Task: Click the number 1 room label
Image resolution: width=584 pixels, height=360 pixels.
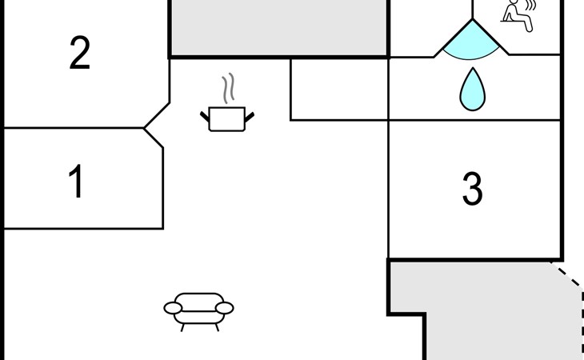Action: (76, 182)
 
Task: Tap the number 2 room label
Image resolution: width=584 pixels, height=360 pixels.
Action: (80, 53)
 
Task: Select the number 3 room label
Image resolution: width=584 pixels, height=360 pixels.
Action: (473, 189)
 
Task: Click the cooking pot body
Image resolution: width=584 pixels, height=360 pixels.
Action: (227, 119)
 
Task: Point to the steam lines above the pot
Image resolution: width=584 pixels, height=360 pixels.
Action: (228, 88)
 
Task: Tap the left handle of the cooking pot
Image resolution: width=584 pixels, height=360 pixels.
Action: (205, 117)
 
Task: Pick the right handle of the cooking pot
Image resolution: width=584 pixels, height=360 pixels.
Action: (250, 117)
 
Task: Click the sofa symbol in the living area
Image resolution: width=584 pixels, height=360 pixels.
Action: (199, 312)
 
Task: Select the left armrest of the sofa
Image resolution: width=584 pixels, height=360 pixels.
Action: (173, 308)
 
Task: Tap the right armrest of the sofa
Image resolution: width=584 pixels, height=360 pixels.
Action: (225, 308)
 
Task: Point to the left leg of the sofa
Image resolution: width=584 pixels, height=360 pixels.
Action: (182, 327)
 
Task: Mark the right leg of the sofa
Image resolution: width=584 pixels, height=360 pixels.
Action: (217, 327)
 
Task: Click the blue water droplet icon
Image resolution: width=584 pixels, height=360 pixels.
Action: (473, 90)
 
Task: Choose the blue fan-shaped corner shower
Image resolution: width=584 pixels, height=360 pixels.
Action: (472, 42)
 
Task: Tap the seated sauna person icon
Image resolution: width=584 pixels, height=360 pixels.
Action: (516, 16)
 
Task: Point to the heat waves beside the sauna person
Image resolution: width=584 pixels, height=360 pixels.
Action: (531, 6)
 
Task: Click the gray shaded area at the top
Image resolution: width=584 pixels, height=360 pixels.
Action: (279, 27)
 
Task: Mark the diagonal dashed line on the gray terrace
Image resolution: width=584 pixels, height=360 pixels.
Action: (567, 274)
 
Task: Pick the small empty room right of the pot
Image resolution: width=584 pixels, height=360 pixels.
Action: (339, 90)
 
